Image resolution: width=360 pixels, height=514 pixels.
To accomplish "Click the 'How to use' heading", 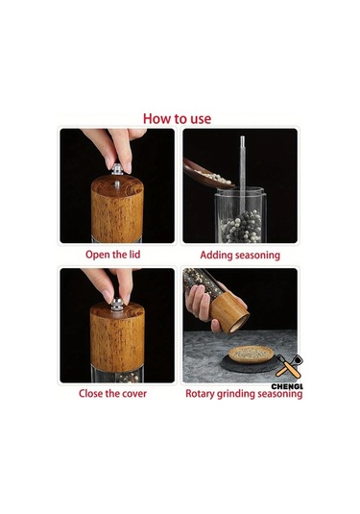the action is [x=177, y=119].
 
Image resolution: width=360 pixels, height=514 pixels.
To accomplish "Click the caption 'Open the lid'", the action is [x=112, y=255].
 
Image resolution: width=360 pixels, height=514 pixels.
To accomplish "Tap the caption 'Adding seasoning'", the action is [x=240, y=256].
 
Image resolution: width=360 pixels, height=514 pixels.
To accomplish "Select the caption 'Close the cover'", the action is [x=112, y=393].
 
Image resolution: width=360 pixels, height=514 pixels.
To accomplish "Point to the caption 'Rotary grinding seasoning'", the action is [x=244, y=394].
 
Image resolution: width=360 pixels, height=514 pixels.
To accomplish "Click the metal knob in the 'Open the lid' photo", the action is [x=117, y=169].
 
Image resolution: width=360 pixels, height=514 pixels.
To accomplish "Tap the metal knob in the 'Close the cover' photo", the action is [x=117, y=305].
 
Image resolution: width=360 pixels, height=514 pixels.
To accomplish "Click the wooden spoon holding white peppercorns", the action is [x=207, y=175].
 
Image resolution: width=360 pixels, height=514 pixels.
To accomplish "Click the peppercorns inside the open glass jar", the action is [x=241, y=227].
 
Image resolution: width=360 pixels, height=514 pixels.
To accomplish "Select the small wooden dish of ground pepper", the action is [x=252, y=355].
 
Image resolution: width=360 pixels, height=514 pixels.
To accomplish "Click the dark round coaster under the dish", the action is [x=249, y=364].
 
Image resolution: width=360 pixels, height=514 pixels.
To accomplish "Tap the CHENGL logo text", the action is [x=287, y=386].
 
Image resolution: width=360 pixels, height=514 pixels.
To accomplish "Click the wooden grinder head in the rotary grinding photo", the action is [x=229, y=313].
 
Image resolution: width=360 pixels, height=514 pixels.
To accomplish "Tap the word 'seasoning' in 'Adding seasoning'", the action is [x=258, y=256].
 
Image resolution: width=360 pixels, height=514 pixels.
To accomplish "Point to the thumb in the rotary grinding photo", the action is [x=216, y=326].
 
